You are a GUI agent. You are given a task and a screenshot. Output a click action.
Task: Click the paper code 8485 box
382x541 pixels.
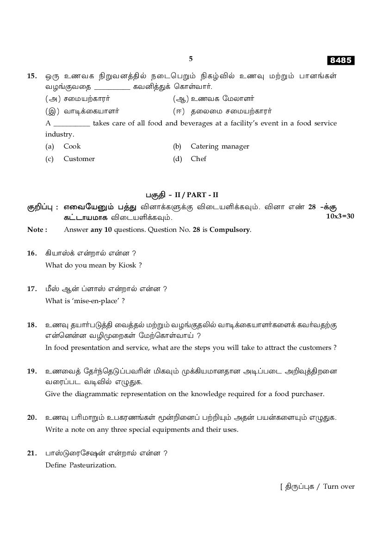(341, 60)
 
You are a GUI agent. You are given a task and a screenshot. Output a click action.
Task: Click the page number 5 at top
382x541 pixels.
(191, 59)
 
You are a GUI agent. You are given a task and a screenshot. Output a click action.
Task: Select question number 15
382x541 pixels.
(32, 76)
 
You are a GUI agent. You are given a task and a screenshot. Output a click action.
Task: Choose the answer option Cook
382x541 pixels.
(72, 146)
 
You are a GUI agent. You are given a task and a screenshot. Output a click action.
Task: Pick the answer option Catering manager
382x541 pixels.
(220, 146)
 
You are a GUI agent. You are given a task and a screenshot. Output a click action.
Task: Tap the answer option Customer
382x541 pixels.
(79, 159)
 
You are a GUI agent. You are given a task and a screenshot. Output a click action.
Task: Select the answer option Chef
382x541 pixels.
(198, 159)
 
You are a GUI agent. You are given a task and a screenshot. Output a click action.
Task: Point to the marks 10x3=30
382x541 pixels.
(340, 216)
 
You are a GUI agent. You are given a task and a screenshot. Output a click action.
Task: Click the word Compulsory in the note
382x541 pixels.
(230, 230)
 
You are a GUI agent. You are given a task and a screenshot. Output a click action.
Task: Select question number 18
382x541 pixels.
(32, 325)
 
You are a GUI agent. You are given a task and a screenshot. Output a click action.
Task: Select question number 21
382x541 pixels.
(32, 453)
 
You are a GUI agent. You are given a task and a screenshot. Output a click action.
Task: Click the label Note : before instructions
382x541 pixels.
(37, 230)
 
